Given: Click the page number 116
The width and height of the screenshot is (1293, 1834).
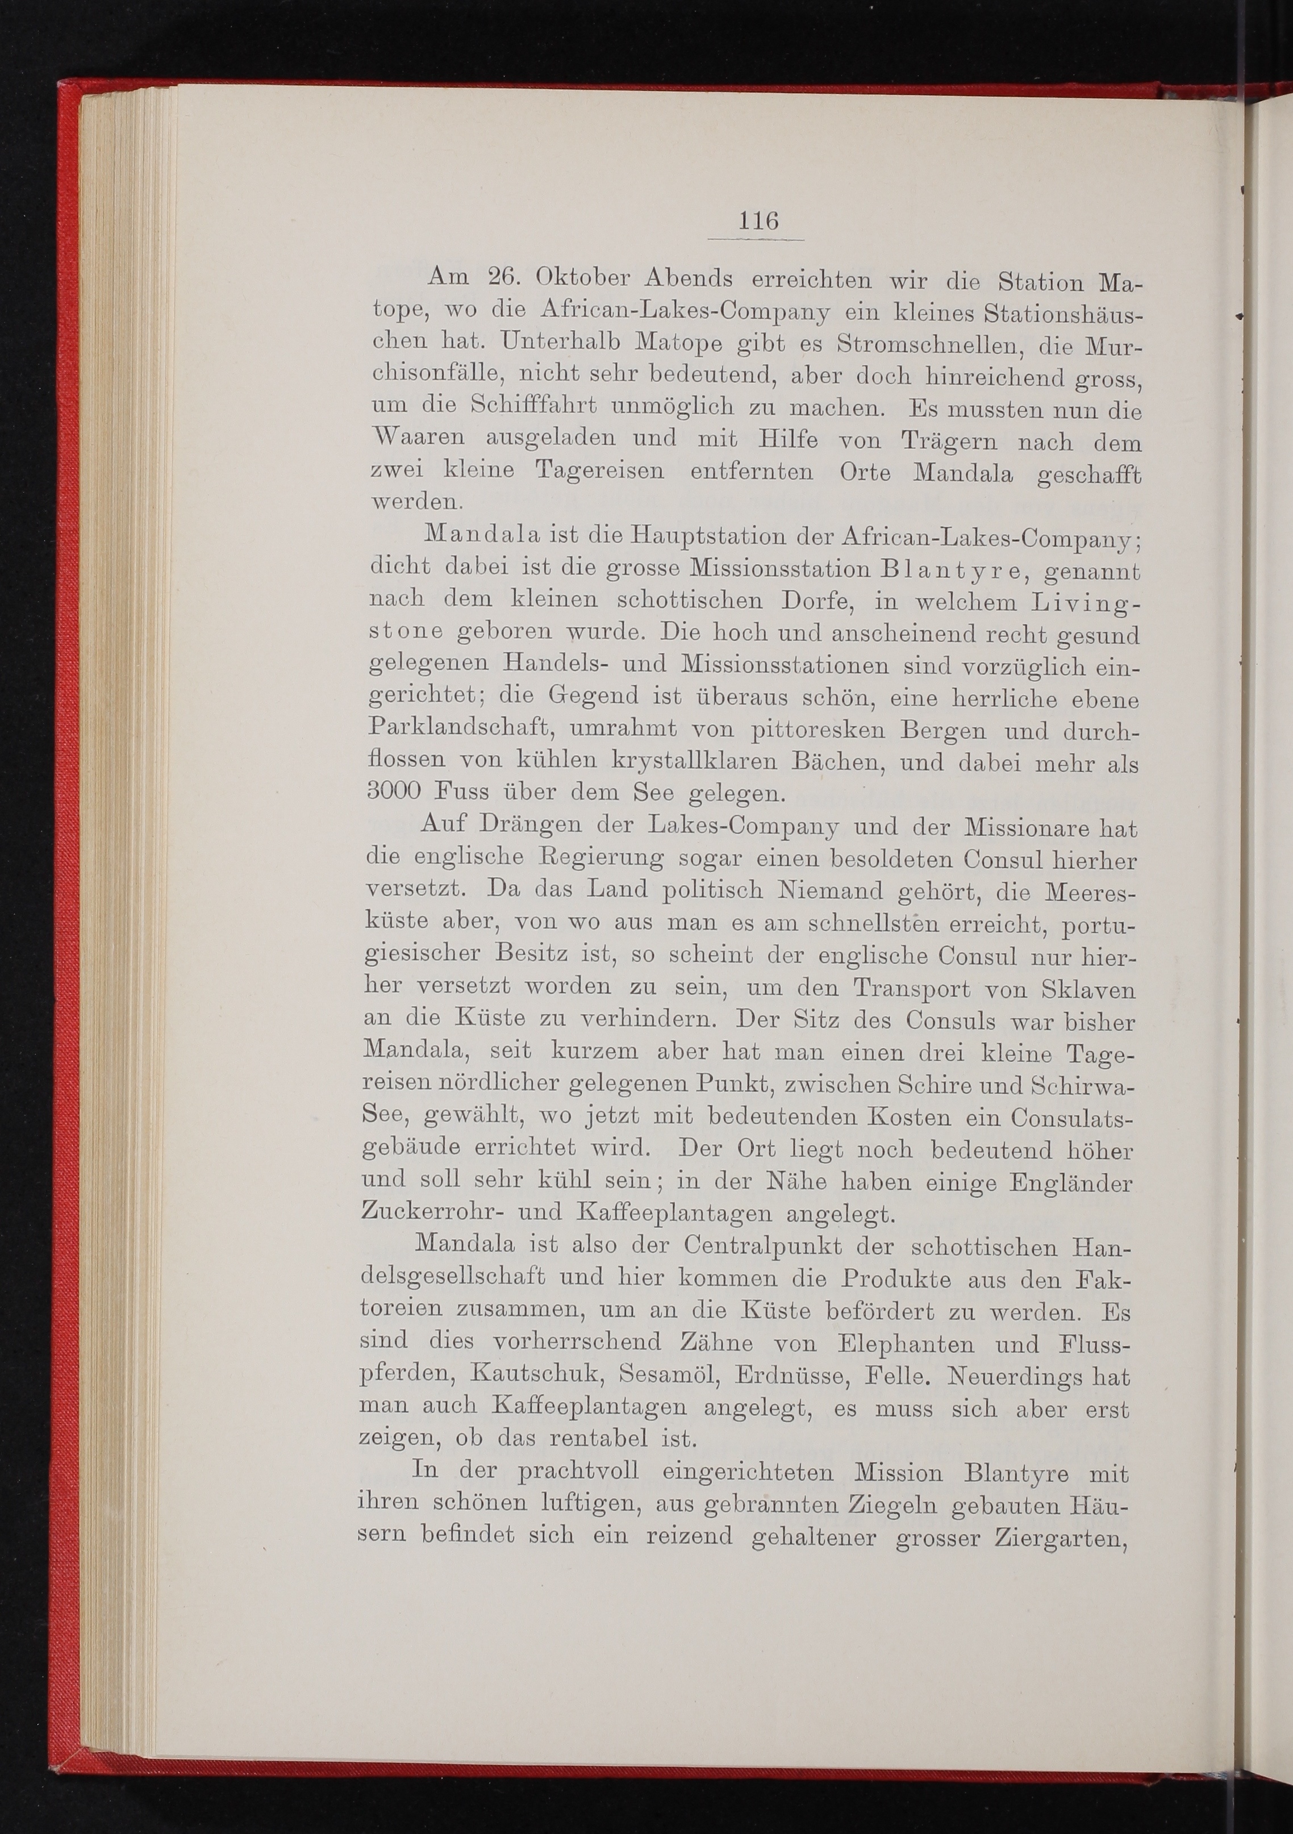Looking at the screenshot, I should [757, 220].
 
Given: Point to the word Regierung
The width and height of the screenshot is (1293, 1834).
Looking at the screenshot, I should [604, 858].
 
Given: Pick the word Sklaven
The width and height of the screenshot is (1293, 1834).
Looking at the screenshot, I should [1088, 989].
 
